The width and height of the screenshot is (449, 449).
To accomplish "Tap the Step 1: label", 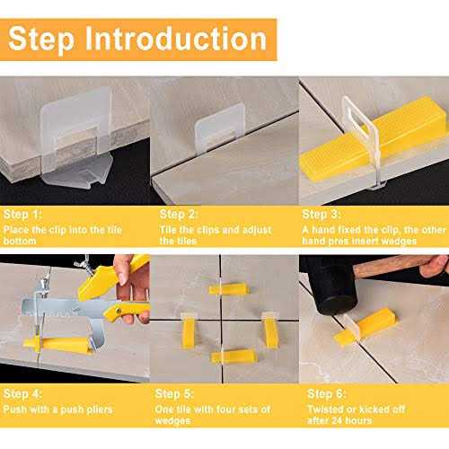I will coord(24,215).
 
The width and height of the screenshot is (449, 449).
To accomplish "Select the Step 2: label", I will coord(179,215).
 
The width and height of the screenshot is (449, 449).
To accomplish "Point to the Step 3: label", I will coord(321,215).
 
